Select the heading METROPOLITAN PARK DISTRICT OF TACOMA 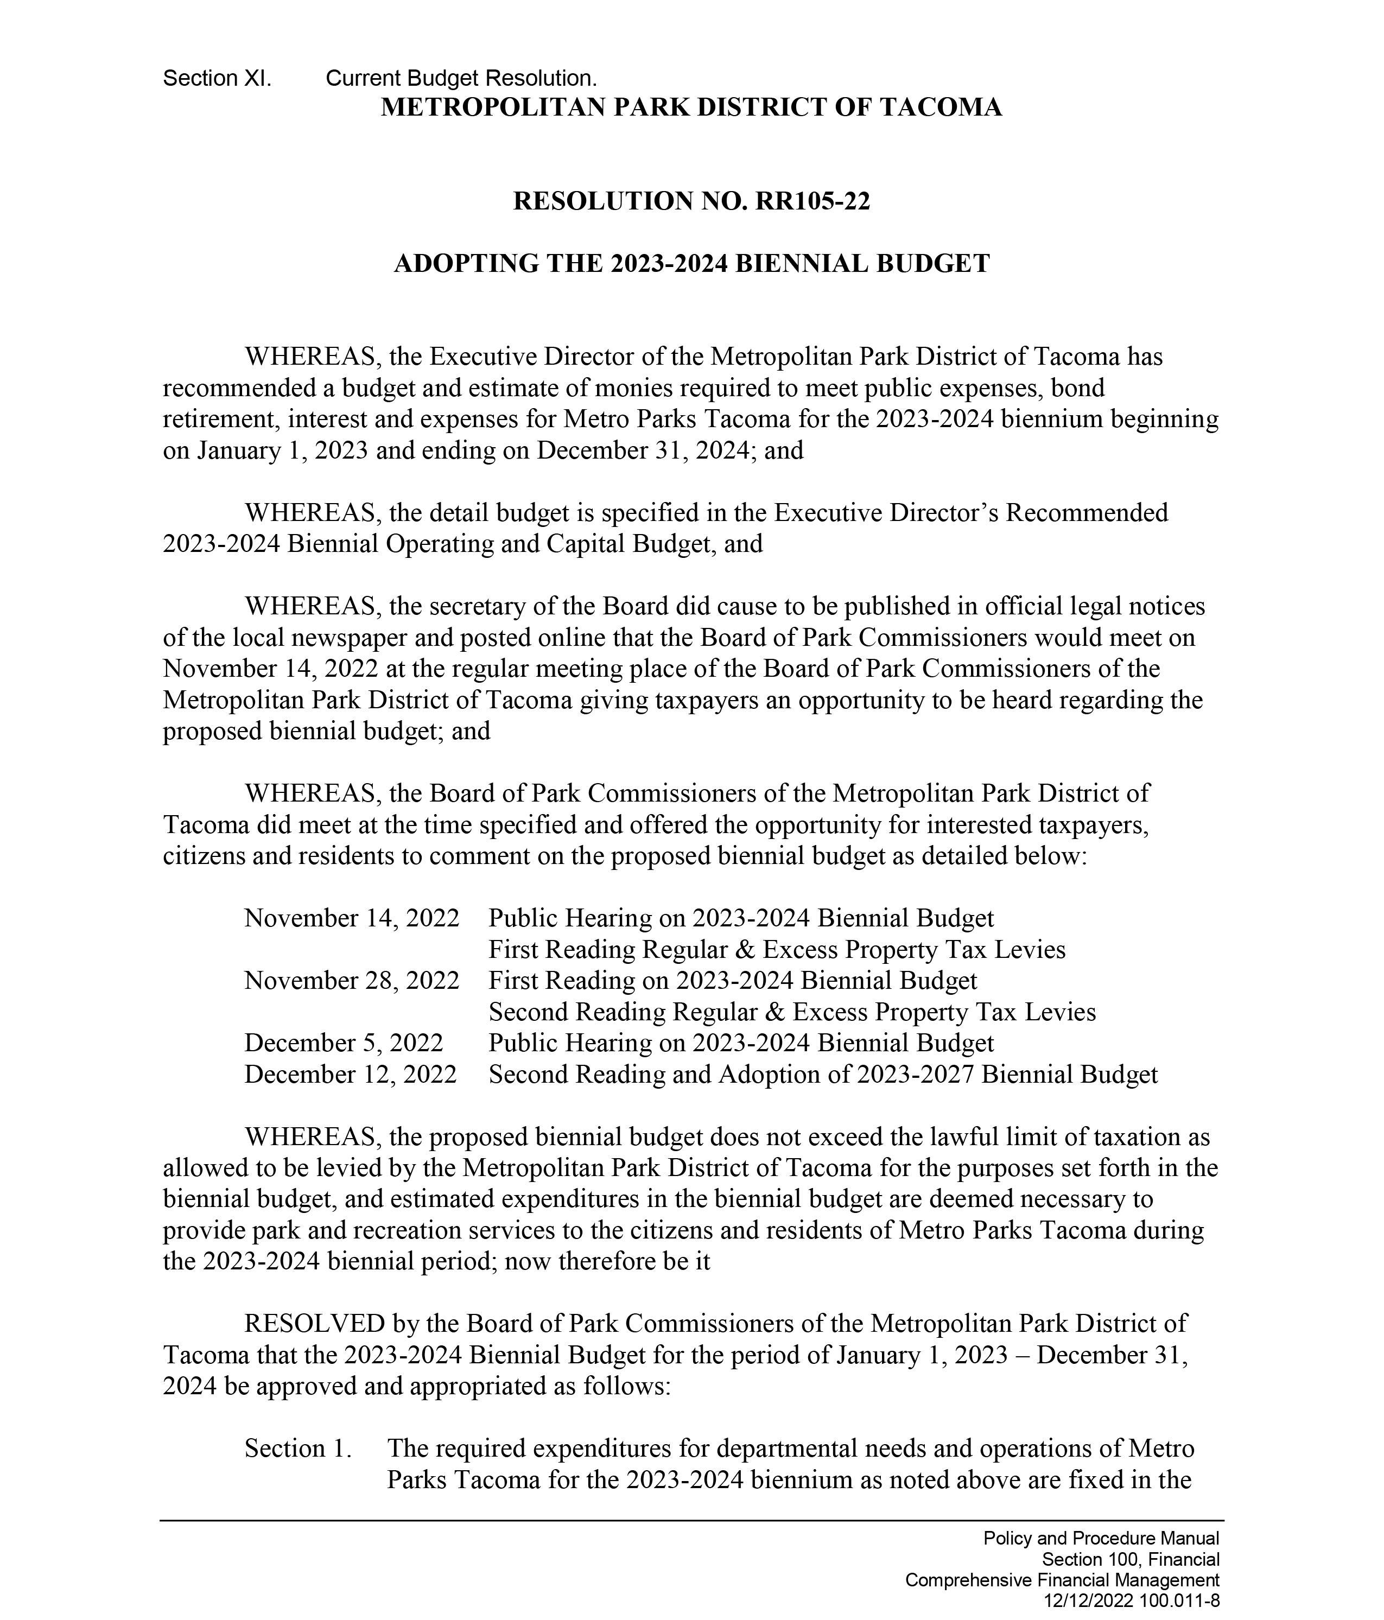click(691, 107)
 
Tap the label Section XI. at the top click(217, 78)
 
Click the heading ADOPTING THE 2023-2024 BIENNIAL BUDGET click(691, 263)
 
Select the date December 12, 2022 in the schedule click(350, 1074)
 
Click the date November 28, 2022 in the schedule click(351, 981)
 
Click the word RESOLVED click(314, 1324)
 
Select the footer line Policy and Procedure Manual click(1101, 1539)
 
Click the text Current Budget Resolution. click(461, 78)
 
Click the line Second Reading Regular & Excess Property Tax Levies click(791, 1012)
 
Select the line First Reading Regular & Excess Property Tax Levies click(777, 949)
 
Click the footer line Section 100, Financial click(1130, 1560)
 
